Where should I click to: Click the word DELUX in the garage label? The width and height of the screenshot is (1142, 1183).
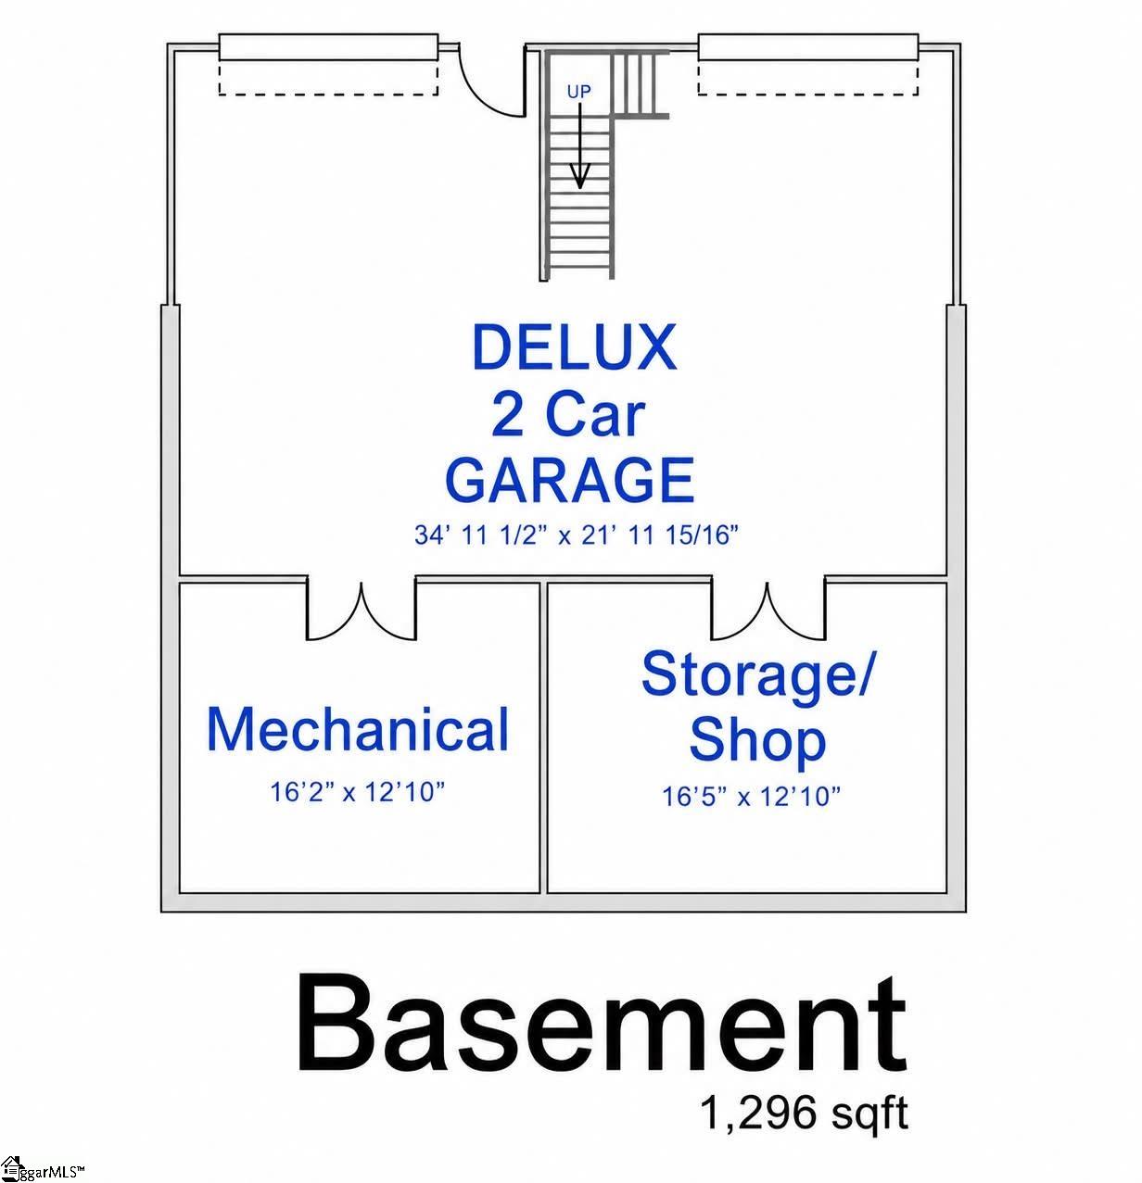(x=574, y=347)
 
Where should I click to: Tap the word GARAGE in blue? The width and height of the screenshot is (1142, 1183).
(x=570, y=480)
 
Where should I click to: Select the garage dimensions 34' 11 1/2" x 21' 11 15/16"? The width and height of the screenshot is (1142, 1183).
(x=576, y=535)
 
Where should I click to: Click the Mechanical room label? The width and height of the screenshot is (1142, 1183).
(x=358, y=729)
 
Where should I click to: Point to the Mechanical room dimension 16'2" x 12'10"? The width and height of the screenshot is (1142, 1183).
(x=357, y=791)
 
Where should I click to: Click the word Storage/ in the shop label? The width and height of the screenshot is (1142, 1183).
(x=757, y=678)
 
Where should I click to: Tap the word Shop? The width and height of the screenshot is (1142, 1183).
(x=757, y=742)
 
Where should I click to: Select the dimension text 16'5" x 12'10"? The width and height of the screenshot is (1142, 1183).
(x=751, y=796)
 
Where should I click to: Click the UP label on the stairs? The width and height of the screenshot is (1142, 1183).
(x=578, y=92)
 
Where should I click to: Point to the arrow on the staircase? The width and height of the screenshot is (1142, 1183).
(x=580, y=145)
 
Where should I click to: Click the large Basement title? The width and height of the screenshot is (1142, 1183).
(x=601, y=1025)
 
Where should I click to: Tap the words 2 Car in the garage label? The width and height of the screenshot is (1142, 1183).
(x=567, y=415)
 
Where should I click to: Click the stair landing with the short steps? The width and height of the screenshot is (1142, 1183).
(x=640, y=83)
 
